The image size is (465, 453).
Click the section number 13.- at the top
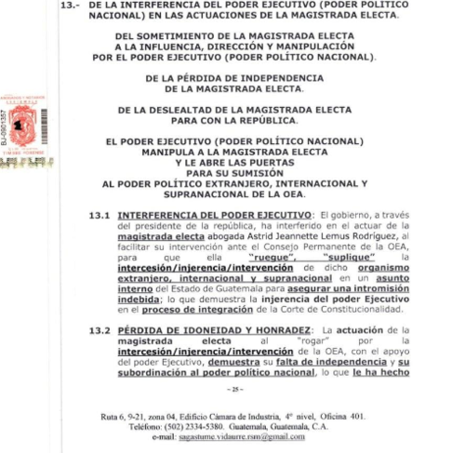tap(71, 5)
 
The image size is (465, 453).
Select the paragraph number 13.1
tap(100, 215)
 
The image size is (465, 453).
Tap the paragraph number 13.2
tap(100, 330)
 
